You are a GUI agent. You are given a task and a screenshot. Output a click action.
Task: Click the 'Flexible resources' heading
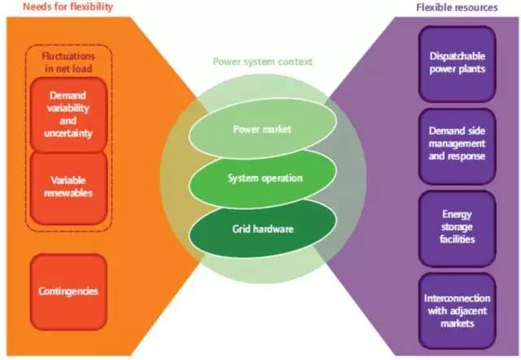pos(466,8)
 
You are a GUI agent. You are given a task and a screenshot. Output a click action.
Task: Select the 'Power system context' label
pos(263,62)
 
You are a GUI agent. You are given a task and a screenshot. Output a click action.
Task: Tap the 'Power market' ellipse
pos(262,130)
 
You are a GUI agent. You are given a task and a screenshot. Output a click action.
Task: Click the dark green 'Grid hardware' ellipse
pos(262,229)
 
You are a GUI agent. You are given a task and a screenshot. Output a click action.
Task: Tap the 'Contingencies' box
pos(68,290)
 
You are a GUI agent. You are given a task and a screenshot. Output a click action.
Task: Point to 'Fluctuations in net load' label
pos(68,62)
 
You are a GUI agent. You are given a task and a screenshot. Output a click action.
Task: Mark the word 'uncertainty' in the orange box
pos(68,134)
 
